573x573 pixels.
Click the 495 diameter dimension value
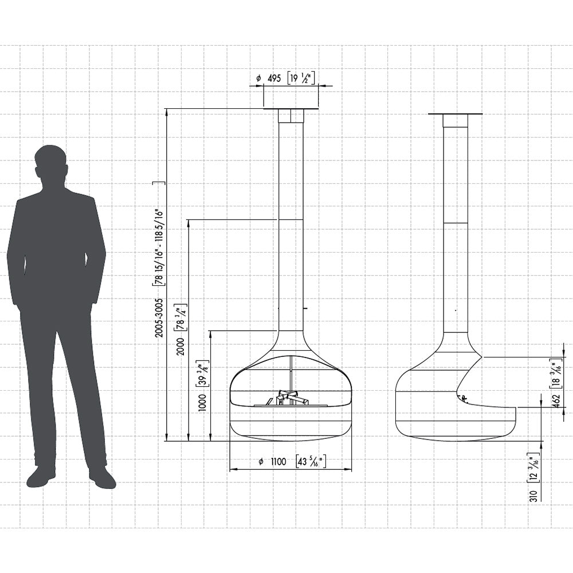click(274, 78)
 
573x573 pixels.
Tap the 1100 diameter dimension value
click(278, 461)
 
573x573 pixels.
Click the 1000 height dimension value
click(202, 403)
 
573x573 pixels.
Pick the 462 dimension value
click(556, 402)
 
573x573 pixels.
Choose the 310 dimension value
click(534, 496)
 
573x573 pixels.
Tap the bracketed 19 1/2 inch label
click(301, 78)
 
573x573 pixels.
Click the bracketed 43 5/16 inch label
click(311, 461)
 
